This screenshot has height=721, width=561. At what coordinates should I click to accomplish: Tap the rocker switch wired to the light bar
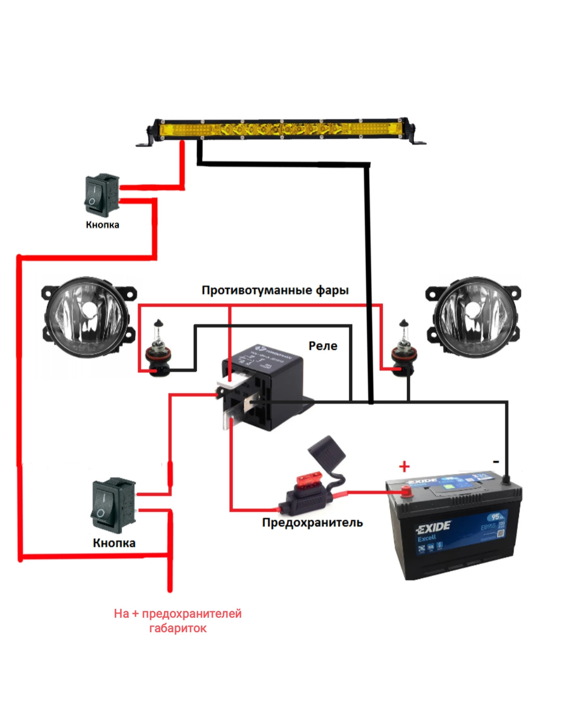(102, 195)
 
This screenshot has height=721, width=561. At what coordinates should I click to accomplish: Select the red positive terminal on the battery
(405, 491)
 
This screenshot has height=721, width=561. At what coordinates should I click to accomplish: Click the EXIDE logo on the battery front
(433, 528)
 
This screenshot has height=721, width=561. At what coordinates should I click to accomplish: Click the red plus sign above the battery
(404, 466)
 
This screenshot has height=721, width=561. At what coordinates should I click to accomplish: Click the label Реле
(323, 346)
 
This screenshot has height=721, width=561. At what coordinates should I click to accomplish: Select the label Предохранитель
(312, 523)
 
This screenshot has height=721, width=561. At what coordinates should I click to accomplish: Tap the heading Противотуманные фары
(275, 290)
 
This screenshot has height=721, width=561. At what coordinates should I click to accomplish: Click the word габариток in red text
(178, 629)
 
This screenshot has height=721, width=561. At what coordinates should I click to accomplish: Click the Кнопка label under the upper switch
(102, 225)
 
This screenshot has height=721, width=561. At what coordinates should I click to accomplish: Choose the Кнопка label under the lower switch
(114, 543)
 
